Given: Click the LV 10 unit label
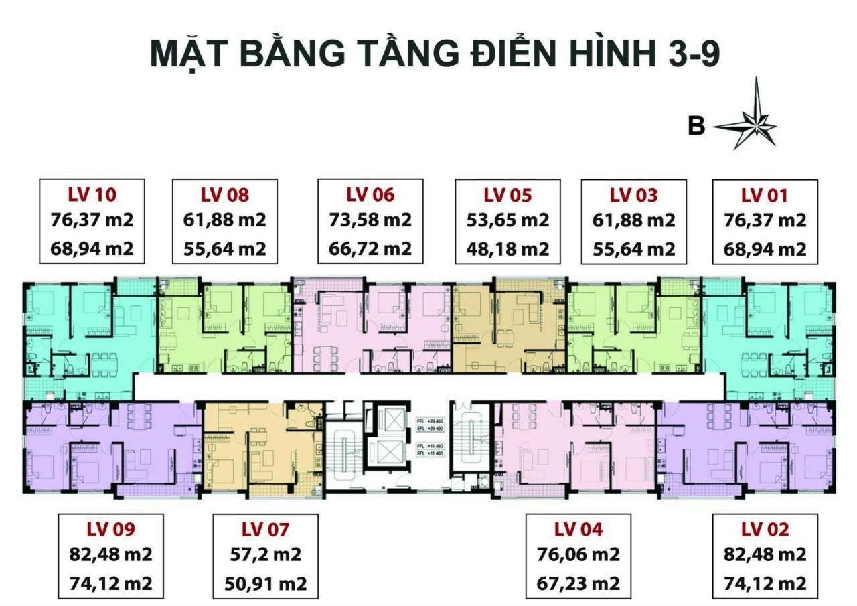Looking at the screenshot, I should pos(92,195).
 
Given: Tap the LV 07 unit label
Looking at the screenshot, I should pos(265,530).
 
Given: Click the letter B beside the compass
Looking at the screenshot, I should pos(696,126).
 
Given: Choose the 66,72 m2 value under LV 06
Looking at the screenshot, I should pos(370,249).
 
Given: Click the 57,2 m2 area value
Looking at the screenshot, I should pos(265,555).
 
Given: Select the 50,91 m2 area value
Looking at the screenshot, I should pos(265,583).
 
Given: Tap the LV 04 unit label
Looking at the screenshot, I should pos(578,530).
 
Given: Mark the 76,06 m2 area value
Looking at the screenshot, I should pos(578,555).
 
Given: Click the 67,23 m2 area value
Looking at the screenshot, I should pos(578,583).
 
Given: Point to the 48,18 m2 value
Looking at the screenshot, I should pos(508,249).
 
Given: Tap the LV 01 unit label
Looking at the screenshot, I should pos(765,195).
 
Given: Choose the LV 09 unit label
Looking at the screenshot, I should pos(111,530).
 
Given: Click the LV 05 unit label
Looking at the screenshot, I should pos(508,195).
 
